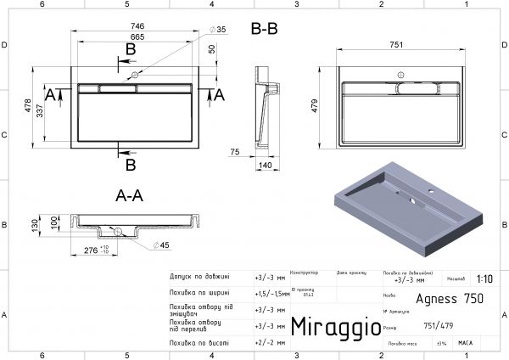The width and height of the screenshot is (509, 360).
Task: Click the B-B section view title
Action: pos(265,29)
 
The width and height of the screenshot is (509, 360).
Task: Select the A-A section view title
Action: pos(130,195)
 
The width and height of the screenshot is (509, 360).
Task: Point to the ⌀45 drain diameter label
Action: pos(164,245)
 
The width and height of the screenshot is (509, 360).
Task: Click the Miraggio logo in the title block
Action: pos(329,327)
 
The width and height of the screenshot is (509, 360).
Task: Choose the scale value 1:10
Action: pos(485,278)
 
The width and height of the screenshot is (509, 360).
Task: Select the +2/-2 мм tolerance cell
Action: pos(271,343)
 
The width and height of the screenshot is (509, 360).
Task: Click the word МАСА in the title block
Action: pos(465,344)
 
